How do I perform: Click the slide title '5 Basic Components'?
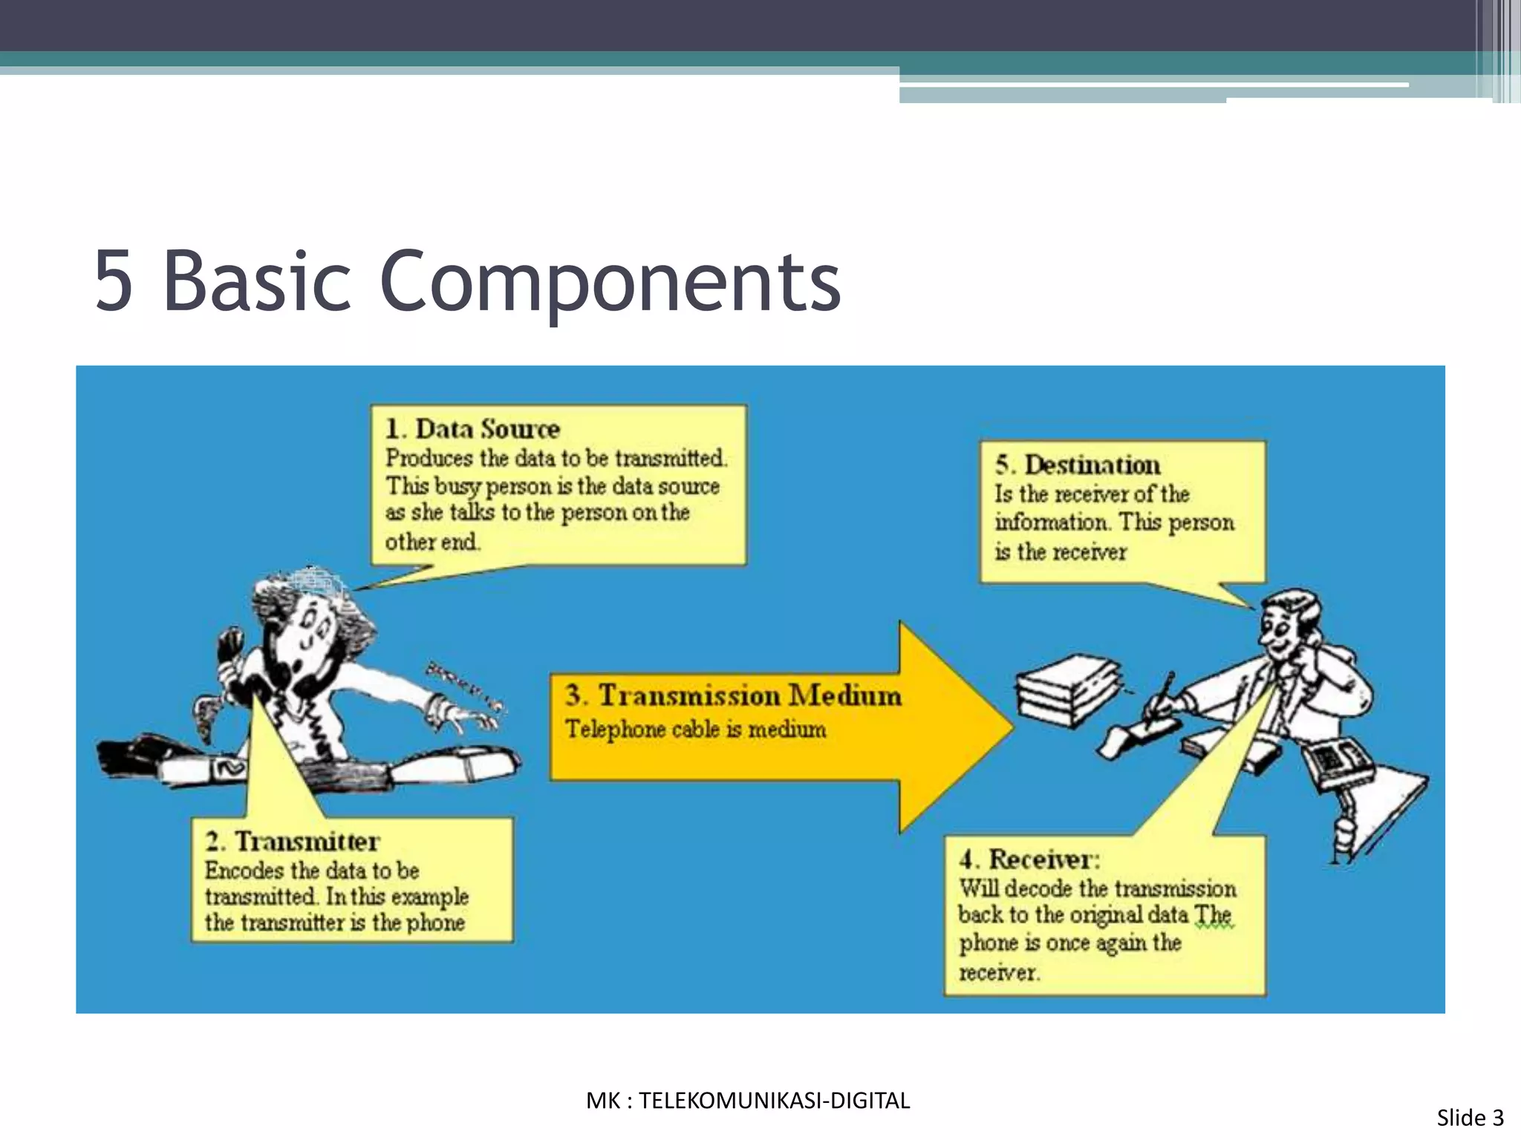pos(468,282)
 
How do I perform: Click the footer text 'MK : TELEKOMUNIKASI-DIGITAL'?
pos(748,1101)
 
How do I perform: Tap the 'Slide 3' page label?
pos(1470,1118)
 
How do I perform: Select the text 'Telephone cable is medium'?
pos(695,730)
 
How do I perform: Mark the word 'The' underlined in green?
pos(1213,915)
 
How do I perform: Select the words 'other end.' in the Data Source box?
pos(432,542)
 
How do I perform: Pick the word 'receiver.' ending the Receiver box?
pos(999,972)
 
